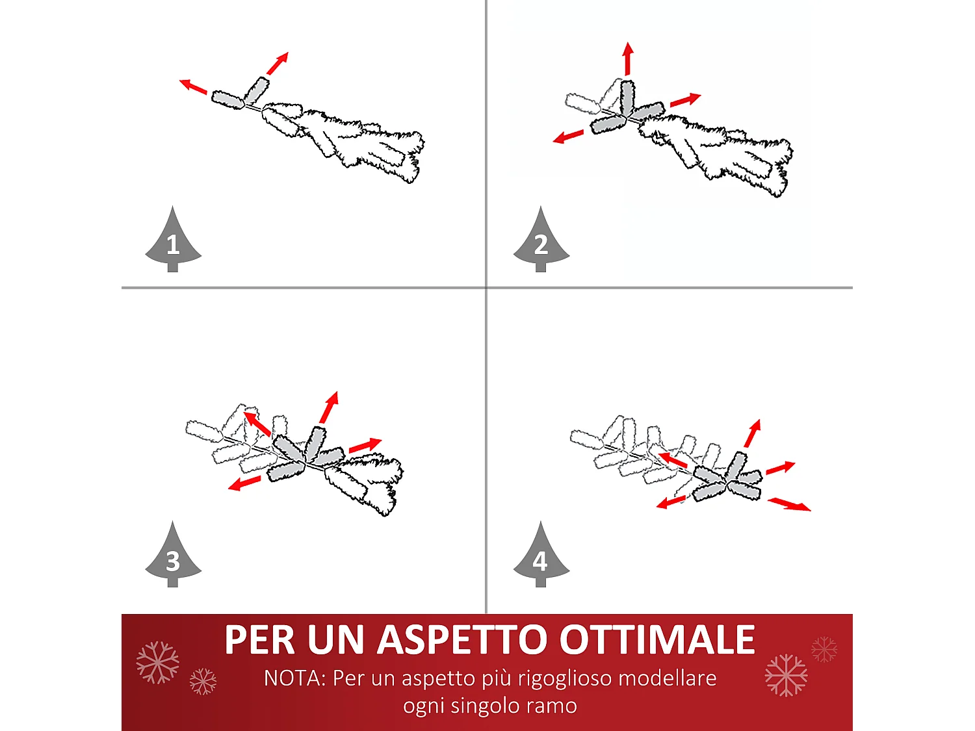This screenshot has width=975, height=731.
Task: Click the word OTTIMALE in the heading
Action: tap(657, 640)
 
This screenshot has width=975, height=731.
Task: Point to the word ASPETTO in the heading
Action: tap(462, 640)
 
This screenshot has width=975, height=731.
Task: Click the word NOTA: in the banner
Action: tap(294, 678)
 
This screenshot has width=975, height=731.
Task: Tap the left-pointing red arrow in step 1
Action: tap(193, 86)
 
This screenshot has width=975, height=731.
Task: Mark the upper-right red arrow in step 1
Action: tap(278, 63)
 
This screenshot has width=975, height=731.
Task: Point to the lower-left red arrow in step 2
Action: tap(568, 136)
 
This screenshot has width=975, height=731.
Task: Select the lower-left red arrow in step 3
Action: tap(244, 483)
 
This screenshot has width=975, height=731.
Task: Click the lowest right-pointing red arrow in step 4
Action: tap(789, 504)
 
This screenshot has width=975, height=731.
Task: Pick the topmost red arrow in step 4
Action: tap(752, 433)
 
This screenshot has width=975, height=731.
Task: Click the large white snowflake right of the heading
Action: tap(786, 675)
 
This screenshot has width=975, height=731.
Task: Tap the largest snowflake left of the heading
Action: tap(157, 662)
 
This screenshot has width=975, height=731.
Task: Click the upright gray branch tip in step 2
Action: tap(627, 97)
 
